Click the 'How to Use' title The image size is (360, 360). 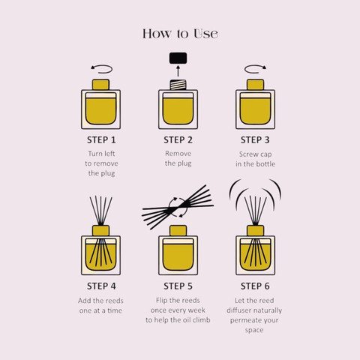point(180,34)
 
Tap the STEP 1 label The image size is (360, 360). point(101,140)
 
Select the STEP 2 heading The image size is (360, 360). point(178,140)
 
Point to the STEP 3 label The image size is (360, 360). point(255,140)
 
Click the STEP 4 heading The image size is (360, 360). point(101,286)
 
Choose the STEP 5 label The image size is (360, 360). point(178,286)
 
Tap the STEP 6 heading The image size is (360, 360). point(255,286)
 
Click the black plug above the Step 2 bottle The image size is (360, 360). point(178,58)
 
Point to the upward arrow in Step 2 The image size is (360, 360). point(178,70)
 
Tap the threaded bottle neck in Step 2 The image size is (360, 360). point(178,85)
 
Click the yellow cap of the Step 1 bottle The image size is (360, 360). point(100,85)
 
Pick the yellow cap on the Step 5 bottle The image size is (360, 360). point(178,231)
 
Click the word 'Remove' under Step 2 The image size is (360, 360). point(178,154)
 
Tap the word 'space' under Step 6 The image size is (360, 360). point(254,330)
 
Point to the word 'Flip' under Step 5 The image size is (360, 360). point(161,300)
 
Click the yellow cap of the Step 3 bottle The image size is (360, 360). point(255,85)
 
